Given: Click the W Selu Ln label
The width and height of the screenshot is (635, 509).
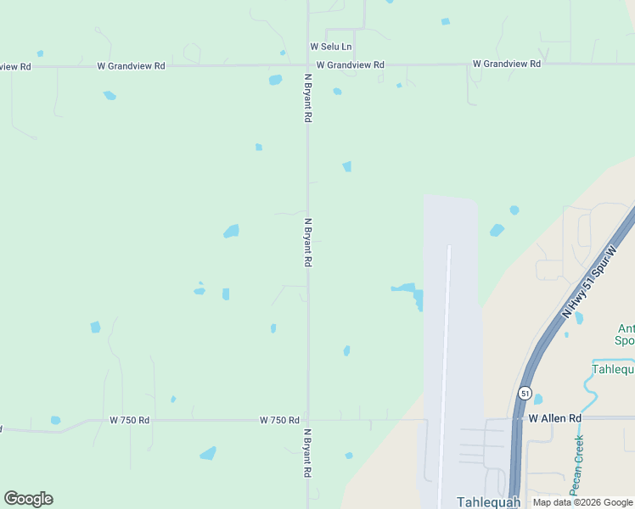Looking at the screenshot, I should tap(331, 47).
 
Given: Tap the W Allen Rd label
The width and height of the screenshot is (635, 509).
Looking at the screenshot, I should tap(555, 418).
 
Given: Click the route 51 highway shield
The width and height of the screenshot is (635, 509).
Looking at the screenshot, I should tap(525, 394).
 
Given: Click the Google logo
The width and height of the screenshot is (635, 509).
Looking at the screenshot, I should tap(28, 499).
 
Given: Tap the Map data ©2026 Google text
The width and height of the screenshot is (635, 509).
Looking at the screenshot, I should tap(582, 502).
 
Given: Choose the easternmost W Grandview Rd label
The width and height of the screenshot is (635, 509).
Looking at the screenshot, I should tap(507, 64).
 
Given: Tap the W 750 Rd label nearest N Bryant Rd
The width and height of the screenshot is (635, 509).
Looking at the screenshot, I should tap(279, 420).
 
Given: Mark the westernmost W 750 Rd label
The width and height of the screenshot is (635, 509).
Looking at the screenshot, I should tap(129, 420).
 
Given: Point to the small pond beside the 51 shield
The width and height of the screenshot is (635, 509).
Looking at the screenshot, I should tap(538, 400).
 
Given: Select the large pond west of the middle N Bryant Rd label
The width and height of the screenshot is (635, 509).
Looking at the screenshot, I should tap(231, 231).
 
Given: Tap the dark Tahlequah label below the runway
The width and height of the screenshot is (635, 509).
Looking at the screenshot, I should tap(487, 501).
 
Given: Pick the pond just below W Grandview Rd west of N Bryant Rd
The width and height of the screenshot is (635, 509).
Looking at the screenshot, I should tap(275, 80).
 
